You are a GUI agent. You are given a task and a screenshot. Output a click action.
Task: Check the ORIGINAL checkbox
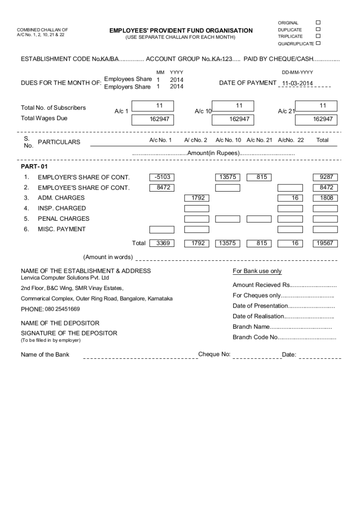coord(318,22)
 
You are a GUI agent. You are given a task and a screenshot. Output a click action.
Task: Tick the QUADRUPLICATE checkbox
coord(318,43)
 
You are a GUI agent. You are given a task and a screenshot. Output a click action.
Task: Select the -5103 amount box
coord(162,177)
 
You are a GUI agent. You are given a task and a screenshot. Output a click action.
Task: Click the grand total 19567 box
coord(325,243)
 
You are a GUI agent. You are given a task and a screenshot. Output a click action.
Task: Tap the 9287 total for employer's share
coord(325,177)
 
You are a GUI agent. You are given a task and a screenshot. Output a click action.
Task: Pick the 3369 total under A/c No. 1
coord(162,243)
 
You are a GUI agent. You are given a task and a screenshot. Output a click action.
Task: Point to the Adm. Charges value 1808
coord(325,198)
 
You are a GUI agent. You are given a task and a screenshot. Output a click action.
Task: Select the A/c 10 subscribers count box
coord(233,106)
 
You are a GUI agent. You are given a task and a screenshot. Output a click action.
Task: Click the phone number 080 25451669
coord(62,309)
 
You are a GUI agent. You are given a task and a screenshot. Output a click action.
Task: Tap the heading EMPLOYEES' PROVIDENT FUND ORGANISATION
coord(181,31)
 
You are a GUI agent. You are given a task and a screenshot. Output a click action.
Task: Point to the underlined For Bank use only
coord(257,271)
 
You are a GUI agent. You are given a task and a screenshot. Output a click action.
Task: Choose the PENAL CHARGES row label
coord(63,219)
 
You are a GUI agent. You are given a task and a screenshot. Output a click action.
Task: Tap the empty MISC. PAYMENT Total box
coord(325,230)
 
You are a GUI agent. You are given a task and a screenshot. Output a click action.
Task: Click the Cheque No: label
coord(214,354)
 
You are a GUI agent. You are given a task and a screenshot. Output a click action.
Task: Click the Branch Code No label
coord(255,337)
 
